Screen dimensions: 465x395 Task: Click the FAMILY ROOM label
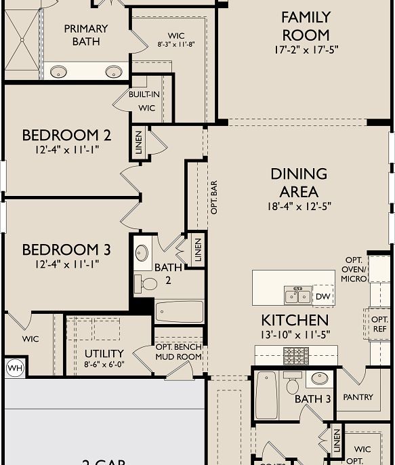click(306, 26)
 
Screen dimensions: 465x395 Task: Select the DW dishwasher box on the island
click(323, 296)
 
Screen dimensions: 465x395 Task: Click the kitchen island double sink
click(297, 296)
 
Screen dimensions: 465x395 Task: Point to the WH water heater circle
click(14, 368)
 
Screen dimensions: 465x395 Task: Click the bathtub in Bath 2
click(179, 312)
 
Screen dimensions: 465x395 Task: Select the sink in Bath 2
click(142, 254)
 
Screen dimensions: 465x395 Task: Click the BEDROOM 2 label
click(66, 134)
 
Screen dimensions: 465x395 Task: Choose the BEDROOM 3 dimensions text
click(66, 264)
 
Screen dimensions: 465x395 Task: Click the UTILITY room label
click(104, 354)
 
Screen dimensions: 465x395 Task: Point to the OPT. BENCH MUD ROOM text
click(178, 352)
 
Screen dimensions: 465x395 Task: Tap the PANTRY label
click(358, 397)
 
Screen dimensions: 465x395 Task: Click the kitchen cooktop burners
click(295, 352)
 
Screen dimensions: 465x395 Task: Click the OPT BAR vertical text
click(214, 197)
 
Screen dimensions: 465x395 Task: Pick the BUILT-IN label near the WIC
click(144, 94)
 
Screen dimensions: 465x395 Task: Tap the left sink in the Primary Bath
click(59, 71)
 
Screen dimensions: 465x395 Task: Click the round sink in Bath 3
click(320, 378)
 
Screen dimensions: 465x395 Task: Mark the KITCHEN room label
click(295, 320)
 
